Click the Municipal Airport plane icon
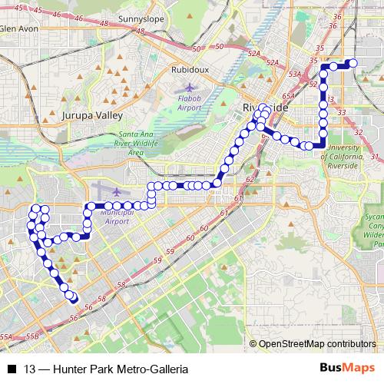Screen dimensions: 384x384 [115, 190]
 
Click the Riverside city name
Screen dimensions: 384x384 [265, 108]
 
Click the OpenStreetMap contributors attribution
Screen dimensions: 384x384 [317, 343]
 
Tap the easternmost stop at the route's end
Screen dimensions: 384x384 [353, 63]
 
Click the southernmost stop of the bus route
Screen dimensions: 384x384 [74, 299]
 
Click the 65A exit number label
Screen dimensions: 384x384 [288, 96]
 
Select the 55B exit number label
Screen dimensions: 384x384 [32, 336]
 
